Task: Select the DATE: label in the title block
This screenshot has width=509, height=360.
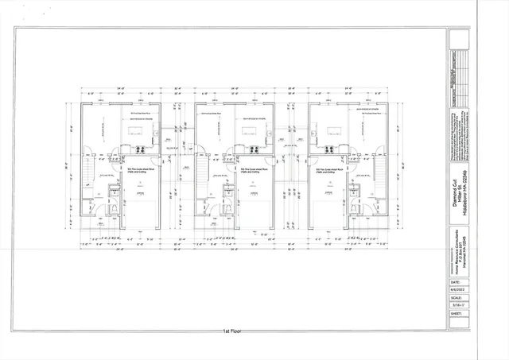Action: click(455, 281)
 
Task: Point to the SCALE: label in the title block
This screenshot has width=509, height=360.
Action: click(456, 301)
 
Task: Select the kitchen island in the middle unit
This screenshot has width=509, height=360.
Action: click(253, 129)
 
